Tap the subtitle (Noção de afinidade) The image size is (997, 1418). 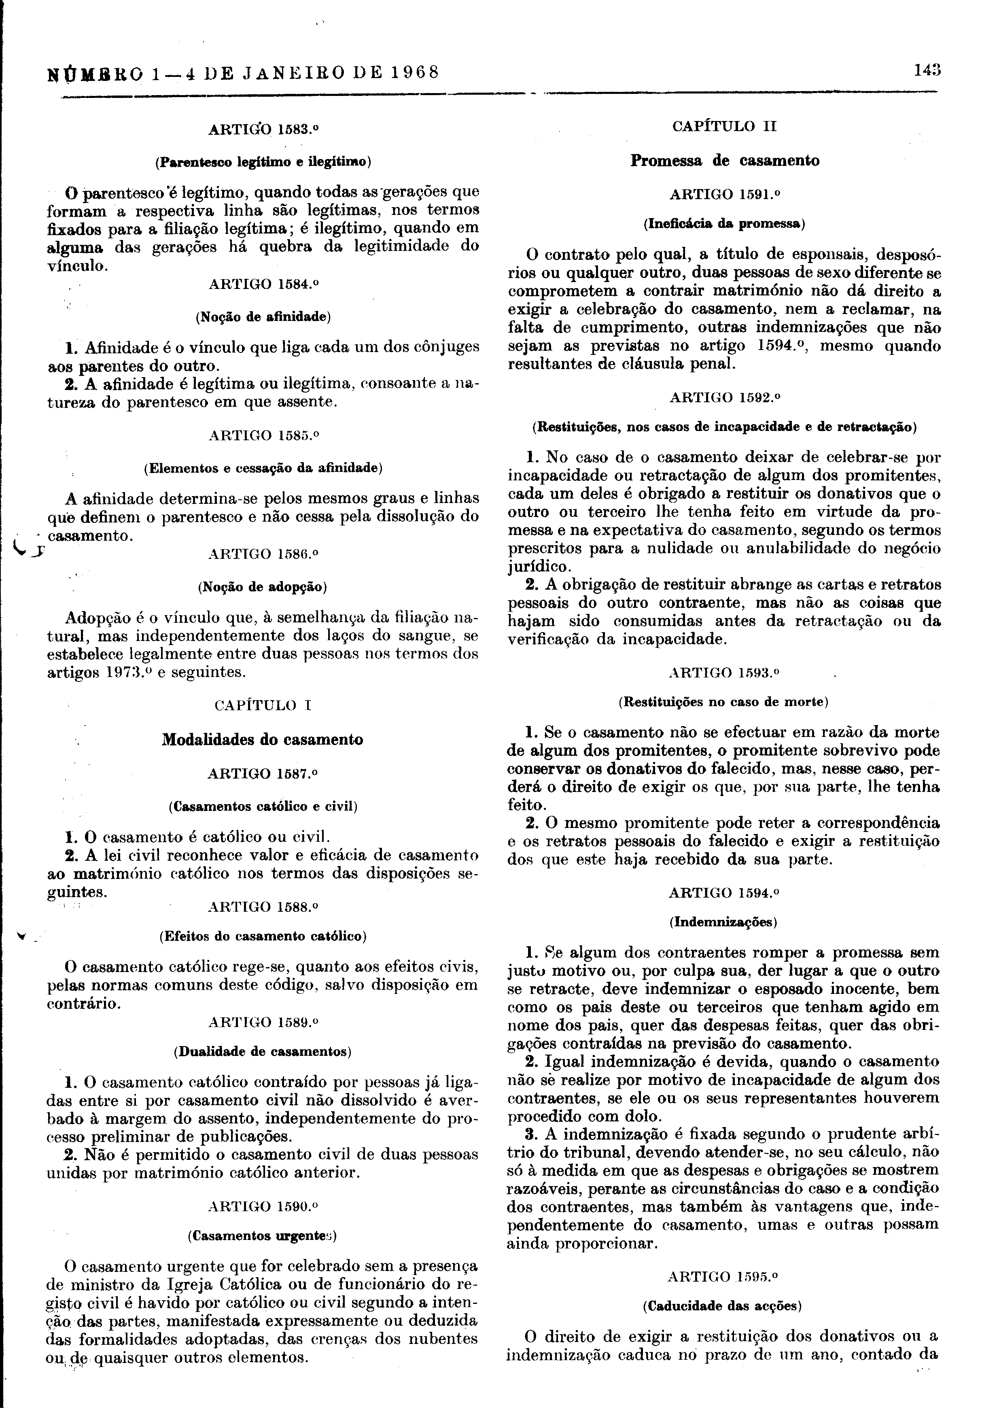(263, 317)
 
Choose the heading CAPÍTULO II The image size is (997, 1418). (724, 127)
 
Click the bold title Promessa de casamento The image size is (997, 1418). (725, 161)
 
